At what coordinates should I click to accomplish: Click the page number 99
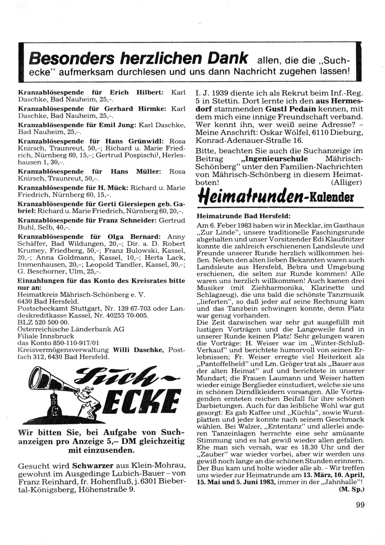tap(360, 505)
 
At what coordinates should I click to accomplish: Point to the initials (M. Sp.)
tap(352, 489)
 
